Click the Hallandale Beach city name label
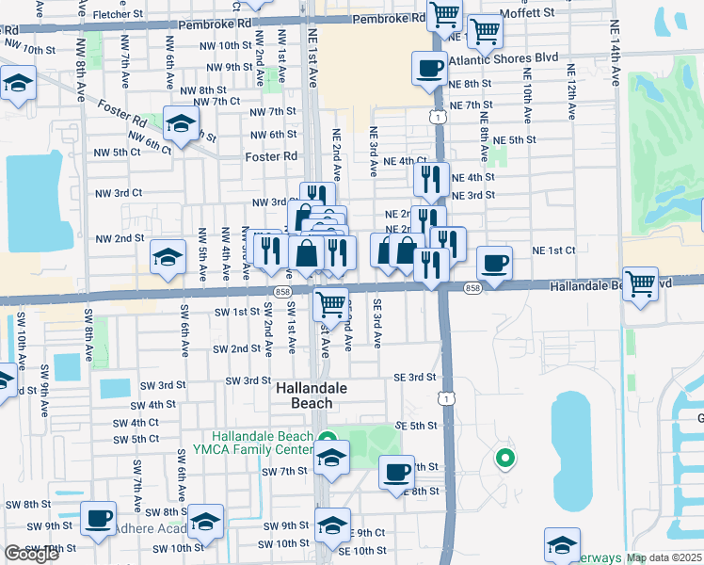(311, 395)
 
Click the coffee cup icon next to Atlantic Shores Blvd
(429, 69)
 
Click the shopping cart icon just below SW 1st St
(330, 305)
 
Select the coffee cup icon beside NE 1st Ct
(495, 263)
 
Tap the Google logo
(32, 554)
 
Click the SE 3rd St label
(414, 377)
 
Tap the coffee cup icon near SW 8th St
(98, 518)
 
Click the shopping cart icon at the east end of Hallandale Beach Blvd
(641, 282)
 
